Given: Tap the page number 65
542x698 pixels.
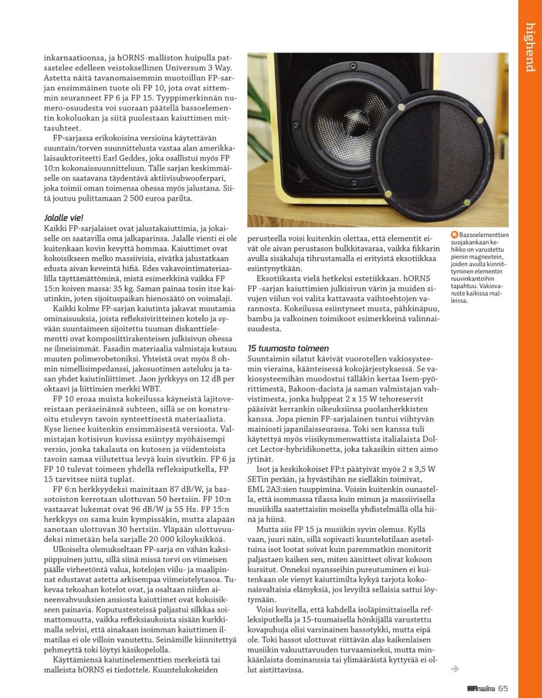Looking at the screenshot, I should [504, 688].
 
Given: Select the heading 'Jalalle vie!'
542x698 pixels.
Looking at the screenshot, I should [64, 218].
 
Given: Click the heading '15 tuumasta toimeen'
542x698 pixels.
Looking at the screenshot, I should [288, 348].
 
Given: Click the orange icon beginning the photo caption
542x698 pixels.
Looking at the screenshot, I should [454, 235].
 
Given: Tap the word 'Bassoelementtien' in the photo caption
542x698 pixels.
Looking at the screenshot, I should [484, 235].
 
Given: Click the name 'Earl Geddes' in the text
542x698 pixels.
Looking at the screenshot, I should [118, 159].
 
